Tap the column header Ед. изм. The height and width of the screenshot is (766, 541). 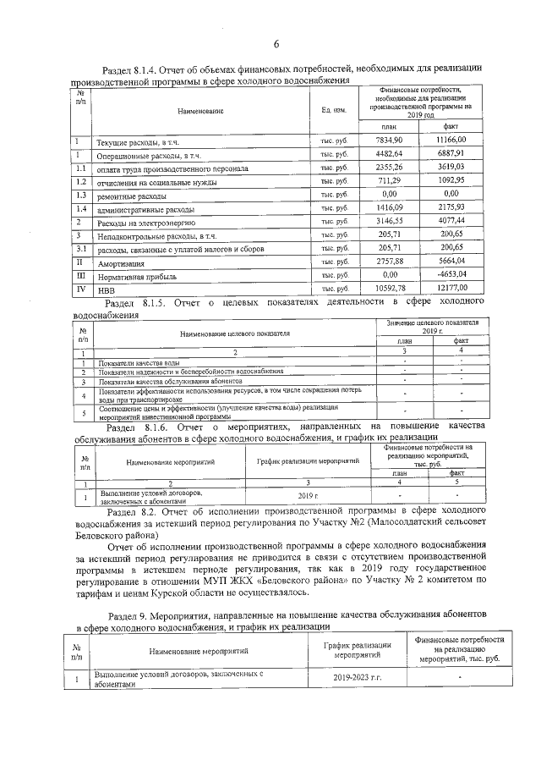click(x=334, y=111)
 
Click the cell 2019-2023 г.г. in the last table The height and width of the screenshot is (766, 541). click(x=357, y=678)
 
